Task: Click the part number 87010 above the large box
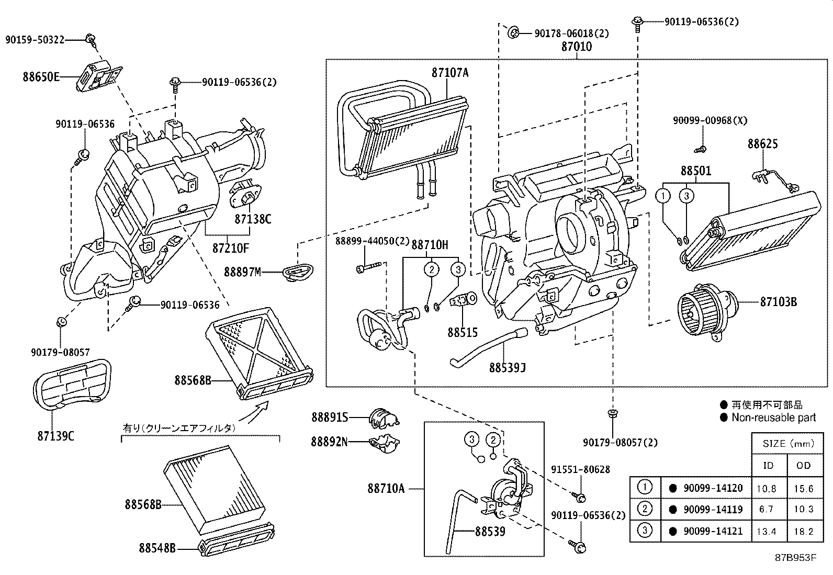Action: click(577, 47)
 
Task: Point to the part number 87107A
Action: click(449, 73)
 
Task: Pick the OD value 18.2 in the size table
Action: click(803, 532)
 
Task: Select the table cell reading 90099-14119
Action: click(713, 509)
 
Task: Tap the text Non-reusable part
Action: click(773, 418)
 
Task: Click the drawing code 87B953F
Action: click(795, 557)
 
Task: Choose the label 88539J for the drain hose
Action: click(507, 368)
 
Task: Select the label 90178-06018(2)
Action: click(572, 33)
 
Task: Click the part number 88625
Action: click(762, 144)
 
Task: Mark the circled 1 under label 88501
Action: click(663, 196)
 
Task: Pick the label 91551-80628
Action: click(580, 470)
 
